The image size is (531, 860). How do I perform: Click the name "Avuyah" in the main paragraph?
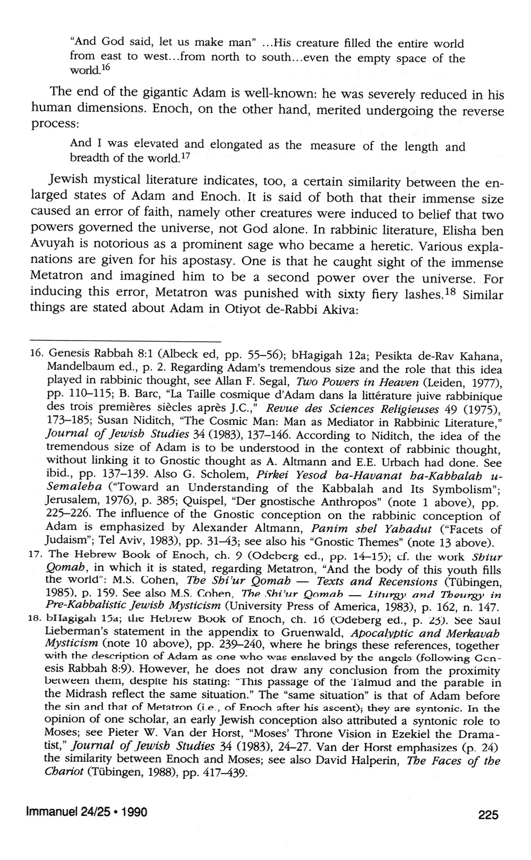coord(51,247)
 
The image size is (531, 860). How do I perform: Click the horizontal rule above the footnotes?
coord(125,341)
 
